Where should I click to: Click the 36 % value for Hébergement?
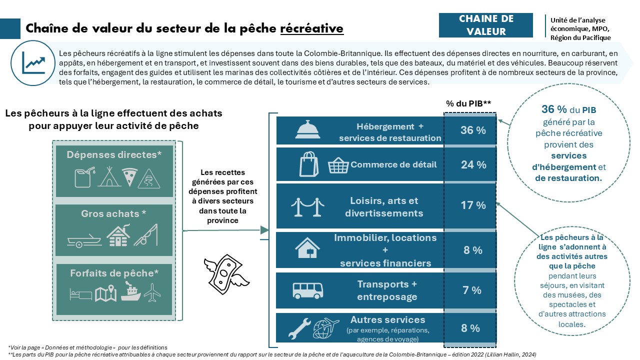tap(473, 130)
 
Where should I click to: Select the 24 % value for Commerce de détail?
tap(473, 164)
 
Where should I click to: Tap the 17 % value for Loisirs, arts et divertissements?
tap(473, 205)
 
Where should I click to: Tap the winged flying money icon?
tap(225, 270)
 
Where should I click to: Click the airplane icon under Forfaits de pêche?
tap(152, 293)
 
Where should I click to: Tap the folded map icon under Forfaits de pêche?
tap(105, 294)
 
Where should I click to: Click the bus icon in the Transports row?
tap(303, 290)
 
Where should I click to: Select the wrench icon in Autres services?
tap(300, 328)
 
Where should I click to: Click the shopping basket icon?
tap(338, 165)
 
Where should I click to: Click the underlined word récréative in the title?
tap(311, 28)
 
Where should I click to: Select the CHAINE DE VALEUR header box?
tap(485, 25)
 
